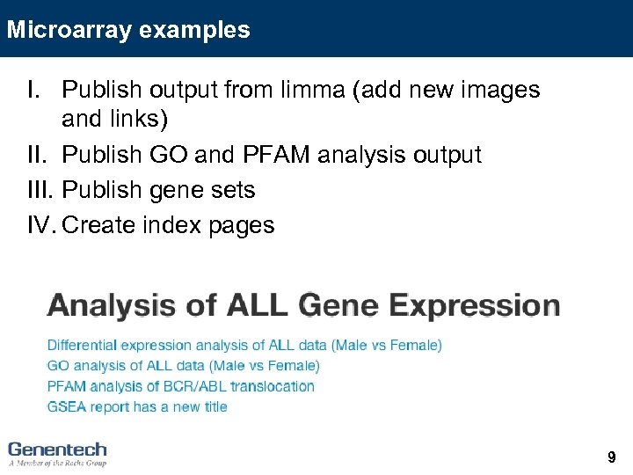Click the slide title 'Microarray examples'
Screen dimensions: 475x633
click(128, 30)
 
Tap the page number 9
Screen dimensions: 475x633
click(611, 457)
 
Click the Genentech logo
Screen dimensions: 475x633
click(57, 449)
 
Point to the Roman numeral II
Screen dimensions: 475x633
click(39, 155)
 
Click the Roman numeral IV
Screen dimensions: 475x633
click(42, 225)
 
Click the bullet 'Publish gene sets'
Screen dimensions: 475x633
click(159, 190)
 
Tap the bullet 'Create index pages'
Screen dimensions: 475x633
click(169, 225)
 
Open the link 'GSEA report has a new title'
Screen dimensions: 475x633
click(137, 406)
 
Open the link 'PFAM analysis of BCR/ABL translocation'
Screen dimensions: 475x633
click(180, 386)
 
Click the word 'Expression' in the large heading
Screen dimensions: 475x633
click(474, 306)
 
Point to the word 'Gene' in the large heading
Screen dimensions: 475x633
click(338, 306)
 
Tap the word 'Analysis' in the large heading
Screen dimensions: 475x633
click(112, 306)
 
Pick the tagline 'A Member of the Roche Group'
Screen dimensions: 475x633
click(57, 462)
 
